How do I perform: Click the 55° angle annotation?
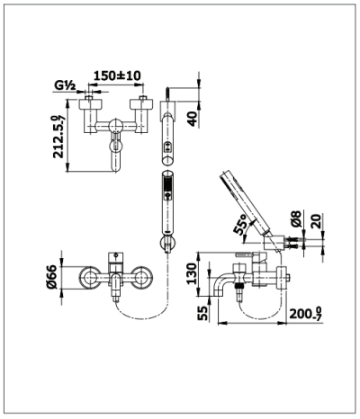coord(242,226)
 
